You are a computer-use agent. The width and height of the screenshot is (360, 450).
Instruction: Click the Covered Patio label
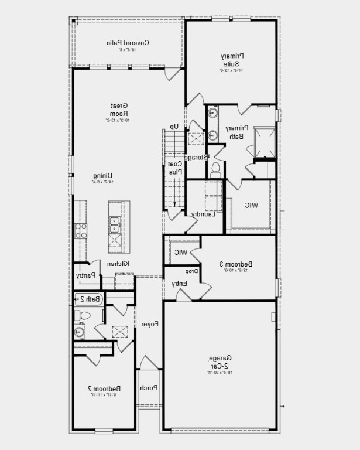tap(128, 43)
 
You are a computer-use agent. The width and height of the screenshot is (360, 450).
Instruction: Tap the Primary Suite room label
tap(231, 59)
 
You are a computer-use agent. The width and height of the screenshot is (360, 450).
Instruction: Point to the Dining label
tap(102, 175)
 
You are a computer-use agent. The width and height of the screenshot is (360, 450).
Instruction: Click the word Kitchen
tap(119, 264)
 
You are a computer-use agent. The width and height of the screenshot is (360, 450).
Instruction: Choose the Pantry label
tap(85, 275)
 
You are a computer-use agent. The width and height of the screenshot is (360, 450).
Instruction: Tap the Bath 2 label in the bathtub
tap(90, 299)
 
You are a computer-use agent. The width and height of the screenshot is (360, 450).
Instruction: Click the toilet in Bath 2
tap(83, 316)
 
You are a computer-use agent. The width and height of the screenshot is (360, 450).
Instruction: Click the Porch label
tap(148, 388)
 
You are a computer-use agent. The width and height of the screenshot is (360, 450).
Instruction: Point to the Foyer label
tap(149, 324)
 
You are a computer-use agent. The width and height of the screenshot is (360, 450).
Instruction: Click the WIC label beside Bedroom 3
tap(181, 253)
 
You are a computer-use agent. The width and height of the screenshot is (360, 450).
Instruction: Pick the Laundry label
tap(204, 214)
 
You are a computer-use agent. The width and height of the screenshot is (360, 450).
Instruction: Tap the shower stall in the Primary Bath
tap(264, 141)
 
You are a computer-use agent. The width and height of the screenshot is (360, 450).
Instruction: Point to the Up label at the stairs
tap(174, 126)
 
